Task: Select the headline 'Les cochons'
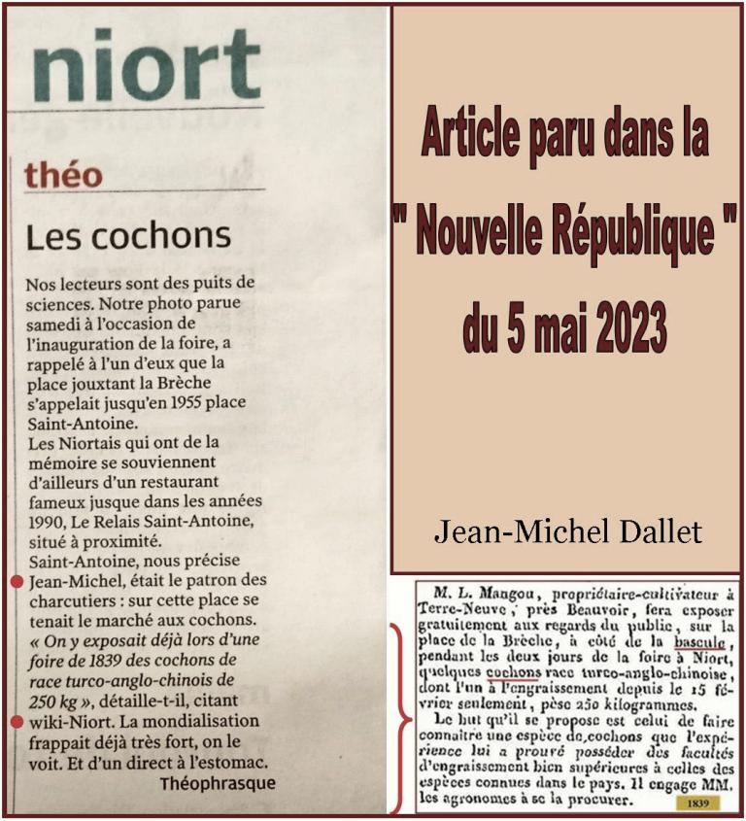point(128,236)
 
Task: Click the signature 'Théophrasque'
point(218,783)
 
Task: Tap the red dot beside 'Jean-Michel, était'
point(17,581)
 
